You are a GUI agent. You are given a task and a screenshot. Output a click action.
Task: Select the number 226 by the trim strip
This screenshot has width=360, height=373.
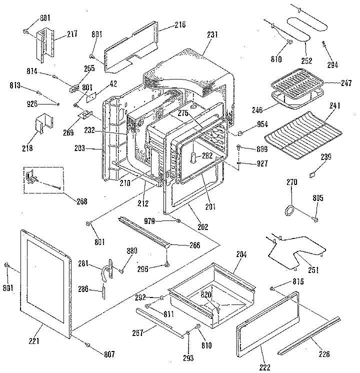coord(324,354)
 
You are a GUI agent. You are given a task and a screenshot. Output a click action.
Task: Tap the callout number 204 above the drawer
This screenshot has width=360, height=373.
coord(241,254)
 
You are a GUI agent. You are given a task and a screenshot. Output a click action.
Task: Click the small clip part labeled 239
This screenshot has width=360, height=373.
coord(312,175)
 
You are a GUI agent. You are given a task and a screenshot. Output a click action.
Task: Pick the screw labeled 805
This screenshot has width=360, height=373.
coord(315,218)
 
